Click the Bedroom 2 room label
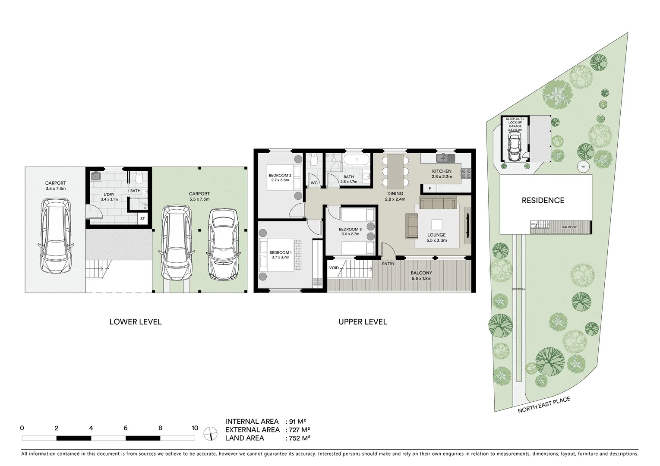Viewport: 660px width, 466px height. point(280,175)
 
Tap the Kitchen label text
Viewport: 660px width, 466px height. point(442,171)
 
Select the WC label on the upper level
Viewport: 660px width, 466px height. point(314,183)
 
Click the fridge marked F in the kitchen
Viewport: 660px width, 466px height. point(429,189)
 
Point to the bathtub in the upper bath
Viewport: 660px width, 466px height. point(356,160)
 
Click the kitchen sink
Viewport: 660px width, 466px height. point(444,158)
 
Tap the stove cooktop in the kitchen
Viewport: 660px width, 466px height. point(466,173)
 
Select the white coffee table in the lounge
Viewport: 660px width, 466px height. point(436,225)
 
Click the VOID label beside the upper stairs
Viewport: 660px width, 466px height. point(334,268)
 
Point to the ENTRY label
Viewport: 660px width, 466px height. point(388,264)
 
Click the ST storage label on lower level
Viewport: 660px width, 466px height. point(142,219)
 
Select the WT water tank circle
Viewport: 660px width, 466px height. point(583,167)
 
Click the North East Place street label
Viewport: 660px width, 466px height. point(544,405)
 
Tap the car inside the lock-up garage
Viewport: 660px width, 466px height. point(515,146)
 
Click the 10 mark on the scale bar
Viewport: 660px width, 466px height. point(195,428)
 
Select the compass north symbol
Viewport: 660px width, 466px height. point(211,433)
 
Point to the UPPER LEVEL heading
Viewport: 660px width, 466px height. point(363,321)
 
